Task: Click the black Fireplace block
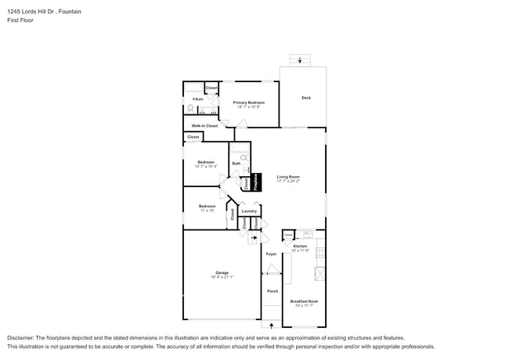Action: click(x=255, y=182)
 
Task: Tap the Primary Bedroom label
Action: click(x=248, y=103)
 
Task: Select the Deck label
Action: click(x=306, y=98)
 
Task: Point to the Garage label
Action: click(x=222, y=272)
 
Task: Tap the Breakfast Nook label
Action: click(x=304, y=301)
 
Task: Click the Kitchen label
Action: click(x=301, y=247)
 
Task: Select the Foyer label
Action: click(x=271, y=254)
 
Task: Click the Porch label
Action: click(x=272, y=291)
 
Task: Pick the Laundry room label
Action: click(x=249, y=211)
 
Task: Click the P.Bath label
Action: click(x=199, y=99)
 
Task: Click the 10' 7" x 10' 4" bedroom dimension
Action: click(x=206, y=167)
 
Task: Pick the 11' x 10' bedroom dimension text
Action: click(x=207, y=211)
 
